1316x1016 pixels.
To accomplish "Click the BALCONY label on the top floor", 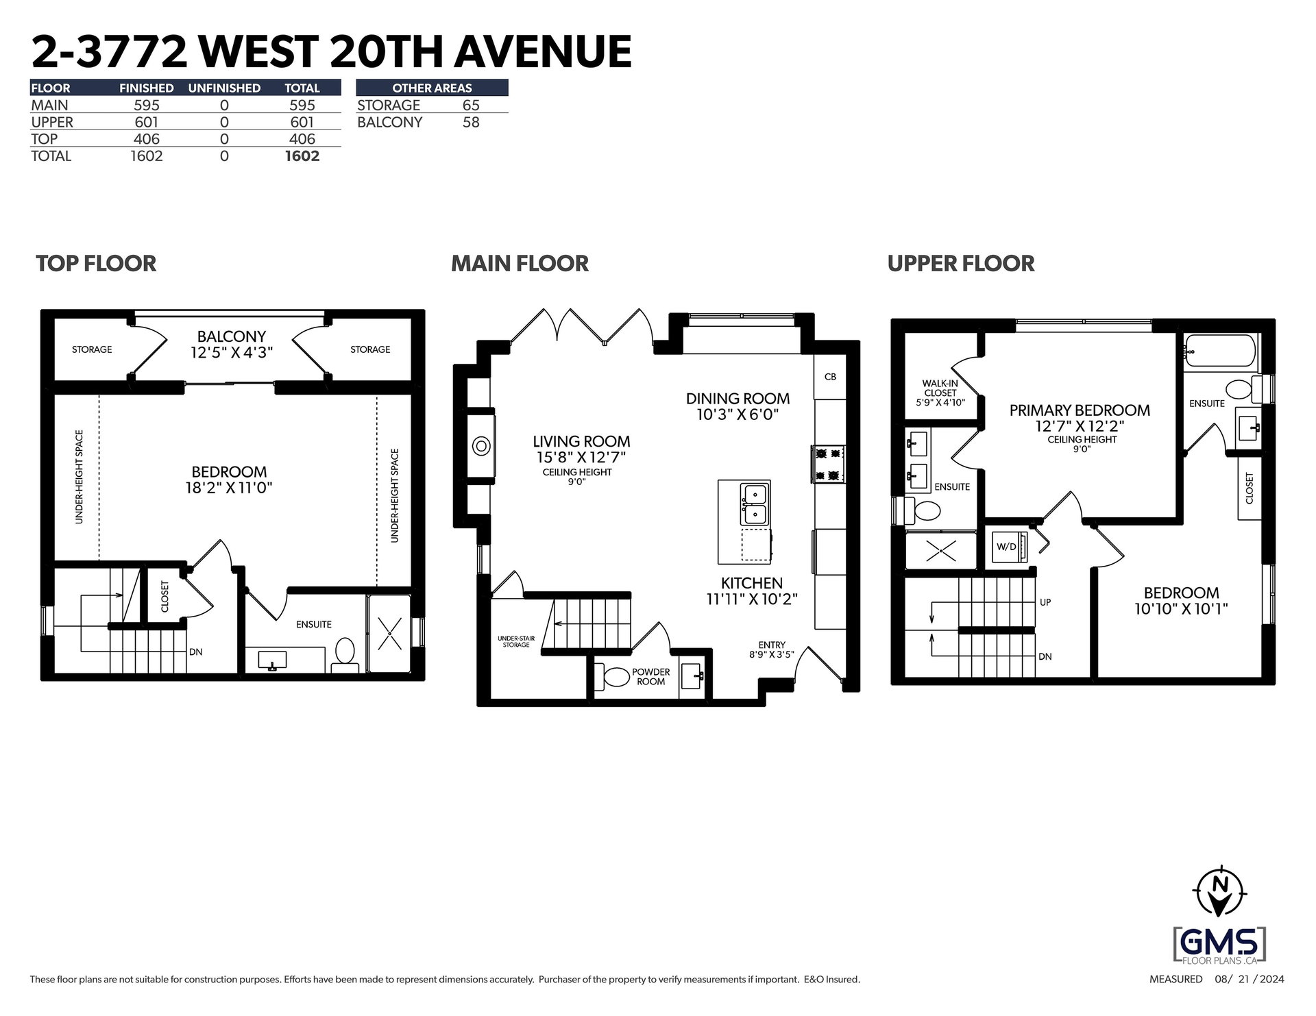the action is (231, 336).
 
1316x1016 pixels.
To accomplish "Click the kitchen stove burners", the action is (829, 464).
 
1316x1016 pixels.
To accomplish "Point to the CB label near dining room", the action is (830, 377).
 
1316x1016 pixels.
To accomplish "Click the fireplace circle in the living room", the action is (481, 447).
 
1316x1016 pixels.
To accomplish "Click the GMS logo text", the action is (1220, 944).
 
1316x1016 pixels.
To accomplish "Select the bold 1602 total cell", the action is (302, 156).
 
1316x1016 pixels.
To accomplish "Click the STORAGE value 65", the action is (471, 106).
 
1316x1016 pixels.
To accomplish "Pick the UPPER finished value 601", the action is (146, 123).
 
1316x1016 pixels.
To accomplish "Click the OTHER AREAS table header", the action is (432, 88).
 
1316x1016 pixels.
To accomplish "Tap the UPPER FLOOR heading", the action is (961, 264).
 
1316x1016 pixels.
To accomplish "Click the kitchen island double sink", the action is (755, 504).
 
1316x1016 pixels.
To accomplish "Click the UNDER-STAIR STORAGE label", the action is (515, 641).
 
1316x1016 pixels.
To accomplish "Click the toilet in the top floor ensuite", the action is (344, 654).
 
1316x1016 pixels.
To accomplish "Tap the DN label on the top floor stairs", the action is (196, 652).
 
